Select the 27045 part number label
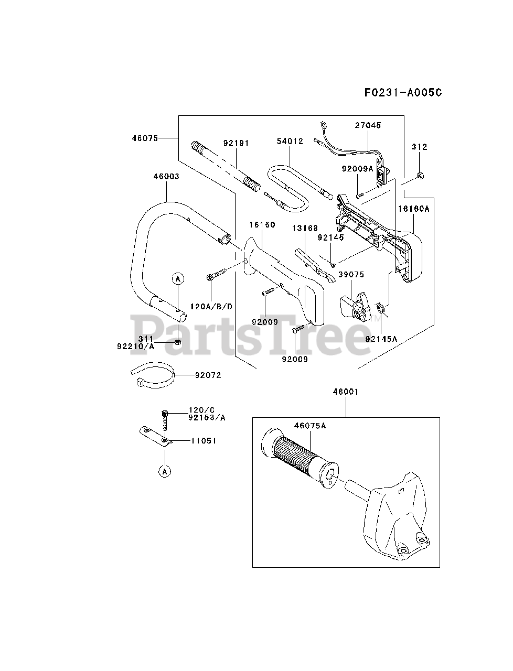368,126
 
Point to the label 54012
290,142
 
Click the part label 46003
166,177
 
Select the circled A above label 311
178,278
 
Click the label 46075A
309,426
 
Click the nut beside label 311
177,342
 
